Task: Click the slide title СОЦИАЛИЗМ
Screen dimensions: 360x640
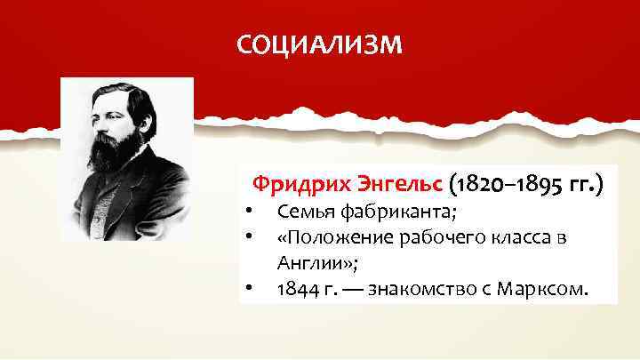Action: click(x=319, y=44)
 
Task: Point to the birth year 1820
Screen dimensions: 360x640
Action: click(x=484, y=185)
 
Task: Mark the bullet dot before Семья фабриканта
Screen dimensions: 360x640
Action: click(x=252, y=212)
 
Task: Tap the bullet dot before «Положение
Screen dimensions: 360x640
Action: click(x=252, y=238)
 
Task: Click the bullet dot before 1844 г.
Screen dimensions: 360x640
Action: click(x=252, y=289)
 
